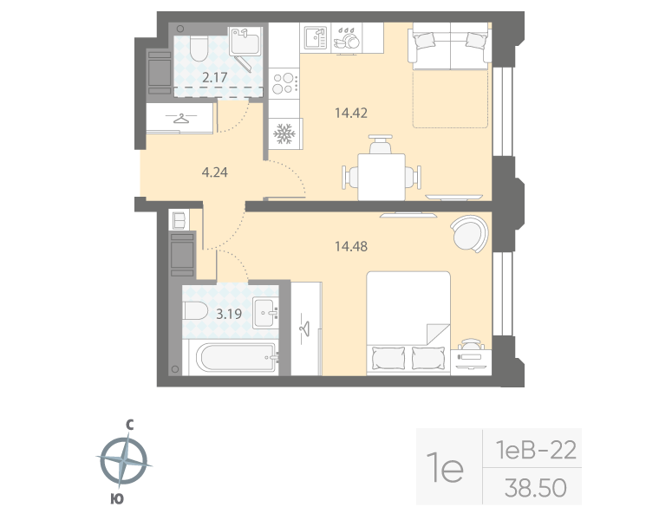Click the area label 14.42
pos(349,112)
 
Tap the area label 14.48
pos(349,245)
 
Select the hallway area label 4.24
pos(215,172)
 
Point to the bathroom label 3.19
pos(228,314)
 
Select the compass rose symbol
pos(126,460)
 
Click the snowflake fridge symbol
pos(284,133)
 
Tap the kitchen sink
pos(314,37)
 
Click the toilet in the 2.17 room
pos(195,49)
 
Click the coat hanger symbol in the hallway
pos(180,119)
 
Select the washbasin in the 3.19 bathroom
pos(266,312)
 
